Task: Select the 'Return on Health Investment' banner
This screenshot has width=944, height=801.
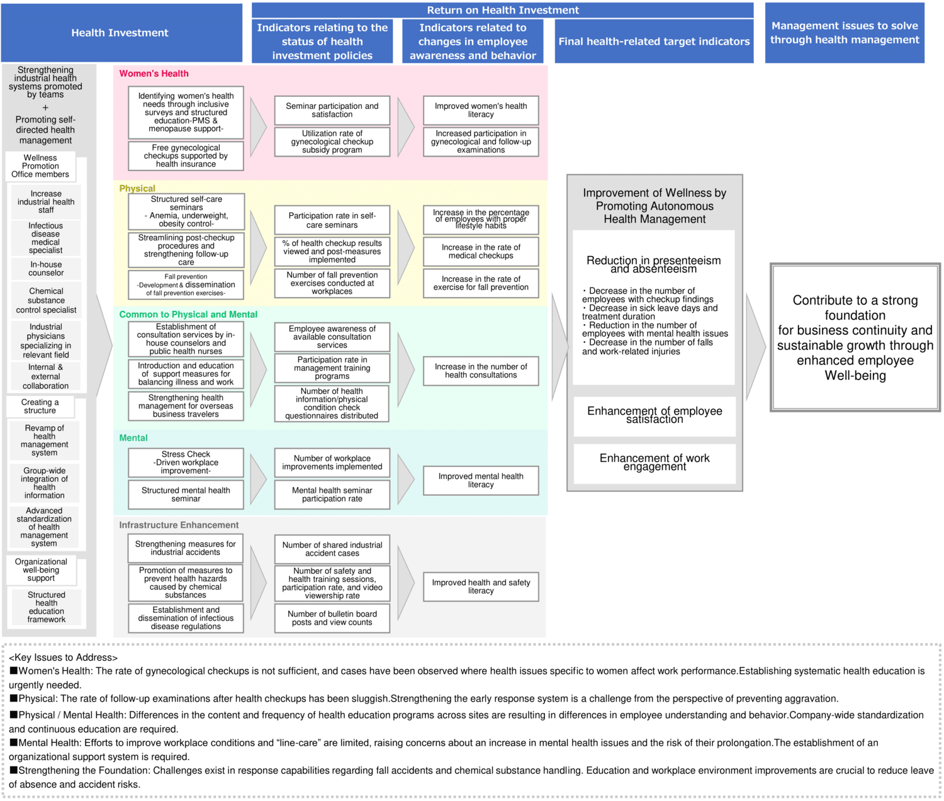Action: point(502,10)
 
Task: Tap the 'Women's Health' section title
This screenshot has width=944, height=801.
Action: point(154,74)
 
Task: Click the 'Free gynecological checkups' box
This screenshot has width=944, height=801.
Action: point(186,156)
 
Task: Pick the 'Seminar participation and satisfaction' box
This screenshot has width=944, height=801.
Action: point(332,111)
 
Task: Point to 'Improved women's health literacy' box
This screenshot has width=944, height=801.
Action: point(481,111)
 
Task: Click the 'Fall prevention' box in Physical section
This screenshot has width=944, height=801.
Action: point(186,284)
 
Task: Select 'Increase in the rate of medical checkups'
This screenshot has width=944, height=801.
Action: point(481,252)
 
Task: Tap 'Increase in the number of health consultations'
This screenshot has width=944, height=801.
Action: point(481,371)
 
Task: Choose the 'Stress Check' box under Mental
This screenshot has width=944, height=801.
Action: point(186,462)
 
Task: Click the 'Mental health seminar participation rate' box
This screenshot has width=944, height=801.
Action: point(332,495)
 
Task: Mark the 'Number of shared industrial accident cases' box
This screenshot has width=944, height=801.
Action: point(332,549)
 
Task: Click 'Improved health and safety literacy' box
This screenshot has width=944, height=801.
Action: point(481,586)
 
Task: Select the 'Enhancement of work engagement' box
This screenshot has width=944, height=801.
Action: point(655,463)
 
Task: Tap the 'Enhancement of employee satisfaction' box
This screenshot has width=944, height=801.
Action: point(655,415)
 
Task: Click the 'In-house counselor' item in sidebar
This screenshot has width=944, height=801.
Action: point(46,269)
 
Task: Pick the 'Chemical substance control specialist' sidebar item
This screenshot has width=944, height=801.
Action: point(46,301)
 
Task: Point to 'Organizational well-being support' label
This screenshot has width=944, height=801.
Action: point(41,570)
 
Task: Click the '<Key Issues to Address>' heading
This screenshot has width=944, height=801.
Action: point(63,658)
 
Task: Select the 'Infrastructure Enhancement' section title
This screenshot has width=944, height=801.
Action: point(179,525)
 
